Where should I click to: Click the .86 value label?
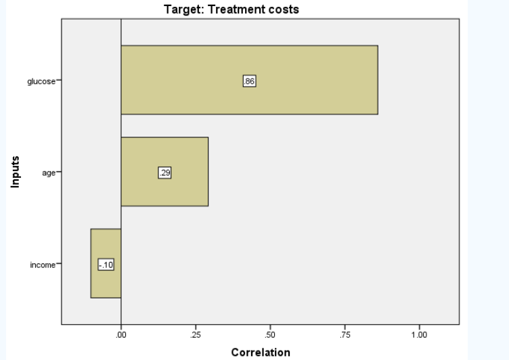[249, 81]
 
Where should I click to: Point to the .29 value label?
[164, 173]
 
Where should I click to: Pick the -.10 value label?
[106, 265]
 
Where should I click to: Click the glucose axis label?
[41, 81]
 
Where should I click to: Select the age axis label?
[48, 173]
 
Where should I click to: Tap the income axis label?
[43, 265]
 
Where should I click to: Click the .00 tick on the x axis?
[120, 334]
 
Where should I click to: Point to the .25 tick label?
[195, 334]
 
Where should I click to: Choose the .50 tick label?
[269, 334]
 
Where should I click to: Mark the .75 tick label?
[344, 334]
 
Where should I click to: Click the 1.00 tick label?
[418, 334]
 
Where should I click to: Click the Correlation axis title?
[261, 352]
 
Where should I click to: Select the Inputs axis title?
[15, 172]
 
